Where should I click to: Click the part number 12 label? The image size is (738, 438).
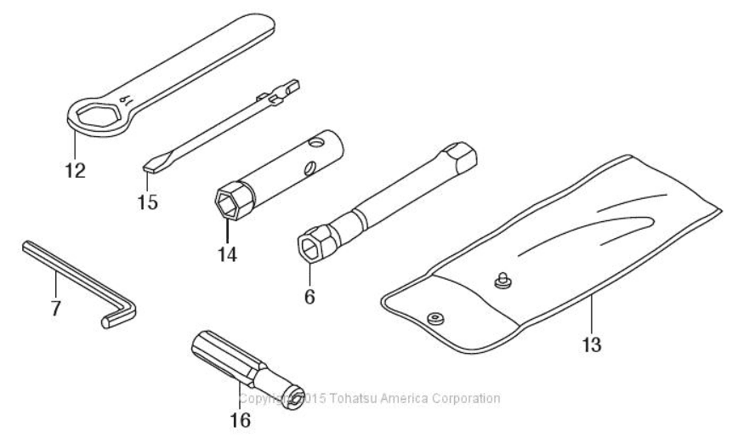[75, 170]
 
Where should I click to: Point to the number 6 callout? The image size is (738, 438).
[309, 296]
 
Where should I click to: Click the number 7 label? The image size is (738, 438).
[55, 308]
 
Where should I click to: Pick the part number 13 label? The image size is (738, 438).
[592, 344]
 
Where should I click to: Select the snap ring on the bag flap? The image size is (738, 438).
[436, 317]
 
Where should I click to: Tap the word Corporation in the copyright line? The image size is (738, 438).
[468, 398]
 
